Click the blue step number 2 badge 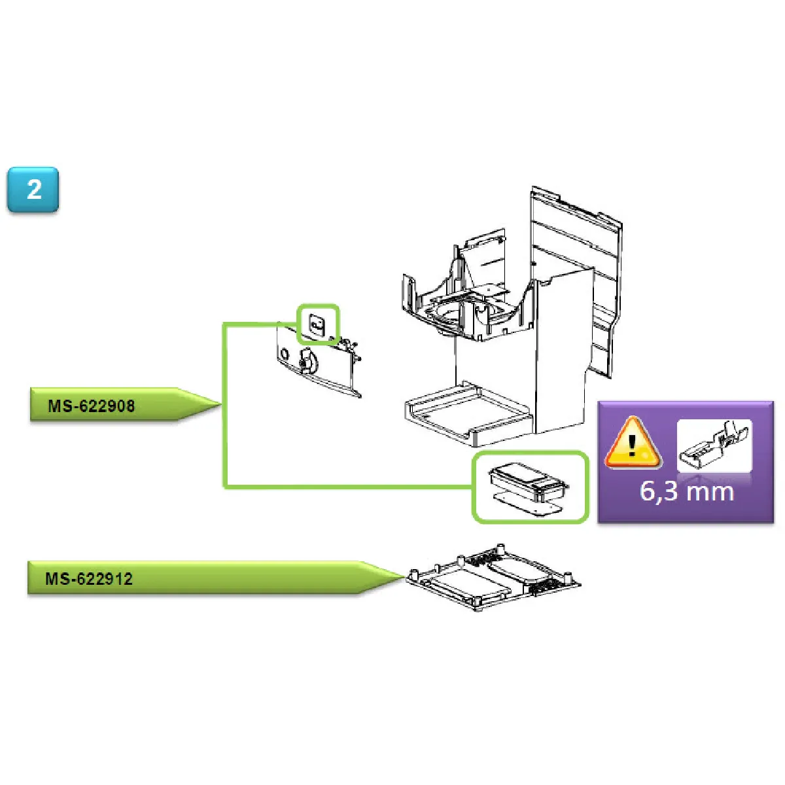pos(33,190)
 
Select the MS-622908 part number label pos(91,406)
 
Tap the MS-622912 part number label pos(89,579)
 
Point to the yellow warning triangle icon pos(632,443)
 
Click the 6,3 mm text pos(686,491)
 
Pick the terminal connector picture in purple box pos(714,445)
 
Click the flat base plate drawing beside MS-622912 pos(493,578)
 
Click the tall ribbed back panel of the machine pos(576,281)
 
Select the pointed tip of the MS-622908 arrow pos(221,404)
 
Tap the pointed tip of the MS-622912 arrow pos(404,576)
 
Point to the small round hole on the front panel pos(285,354)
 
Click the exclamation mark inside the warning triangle pos(632,446)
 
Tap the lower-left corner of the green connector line pos(224,486)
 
